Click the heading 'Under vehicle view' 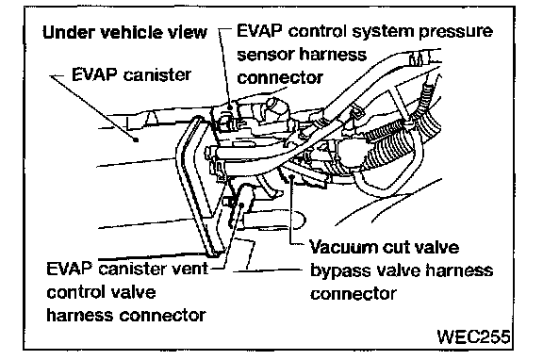(124, 33)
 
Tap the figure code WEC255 (473, 336)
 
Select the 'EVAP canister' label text (131, 74)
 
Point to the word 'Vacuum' (341, 248)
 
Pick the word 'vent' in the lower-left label (192, 269)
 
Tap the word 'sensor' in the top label (265, 55)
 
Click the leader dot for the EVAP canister (137, 139)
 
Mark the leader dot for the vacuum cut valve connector (292, 177)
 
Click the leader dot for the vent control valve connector (242, 205)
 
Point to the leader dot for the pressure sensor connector (230, 107)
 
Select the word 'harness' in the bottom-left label (80, 315)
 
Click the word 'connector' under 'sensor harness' (280, 78)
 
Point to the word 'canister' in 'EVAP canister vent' (136, 269)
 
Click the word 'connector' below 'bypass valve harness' (354, 294)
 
